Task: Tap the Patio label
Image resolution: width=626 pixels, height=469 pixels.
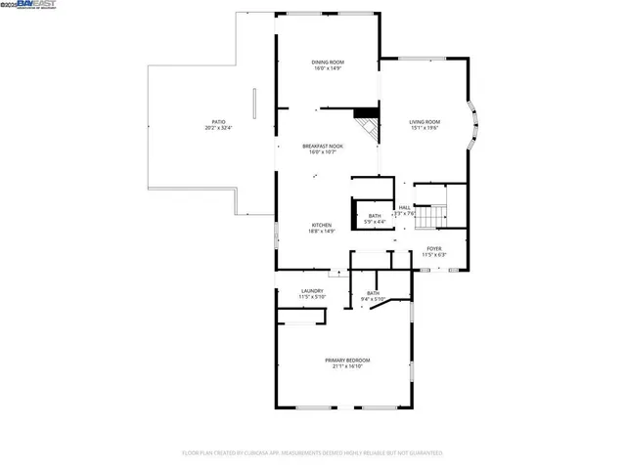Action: click(219, 122)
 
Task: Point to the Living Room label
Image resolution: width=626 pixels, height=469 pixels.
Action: click(425, 121)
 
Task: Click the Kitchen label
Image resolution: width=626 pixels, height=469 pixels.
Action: click(322, 225)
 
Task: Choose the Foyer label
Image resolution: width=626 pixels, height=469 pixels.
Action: click(433, 248)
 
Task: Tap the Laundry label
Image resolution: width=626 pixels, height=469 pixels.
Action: click(312, 290)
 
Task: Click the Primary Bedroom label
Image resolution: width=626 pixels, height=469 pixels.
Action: click(347, 360)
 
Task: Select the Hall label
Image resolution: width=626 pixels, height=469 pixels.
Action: click(404, 207)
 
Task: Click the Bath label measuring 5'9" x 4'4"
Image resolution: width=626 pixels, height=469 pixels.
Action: click(375, 216)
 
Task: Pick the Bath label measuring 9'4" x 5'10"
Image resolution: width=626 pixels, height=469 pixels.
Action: click(373, 293)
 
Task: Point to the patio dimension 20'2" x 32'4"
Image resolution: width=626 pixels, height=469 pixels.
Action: click(219, 128)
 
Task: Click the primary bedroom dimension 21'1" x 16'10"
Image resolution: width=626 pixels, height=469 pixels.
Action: click(347, 366)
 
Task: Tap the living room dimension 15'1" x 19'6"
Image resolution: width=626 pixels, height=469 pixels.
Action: click(425, 128)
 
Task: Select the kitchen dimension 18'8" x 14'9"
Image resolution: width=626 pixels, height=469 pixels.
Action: click(322, 232)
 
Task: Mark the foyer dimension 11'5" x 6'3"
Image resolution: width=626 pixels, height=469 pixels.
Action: click(433, 255)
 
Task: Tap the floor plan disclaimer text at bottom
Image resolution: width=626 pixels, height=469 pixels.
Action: click(312, 452)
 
